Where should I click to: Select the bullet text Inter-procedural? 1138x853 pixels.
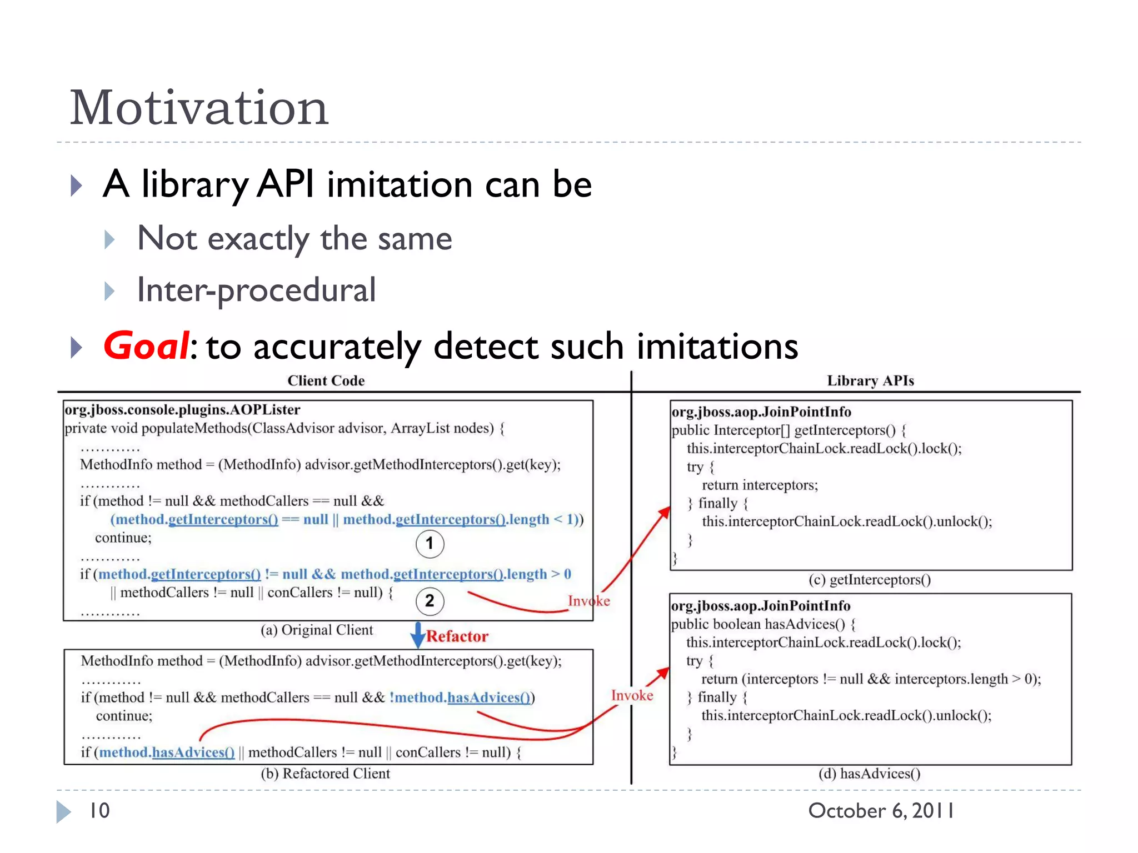(256, 290)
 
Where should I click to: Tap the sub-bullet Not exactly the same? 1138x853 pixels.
(295, 239)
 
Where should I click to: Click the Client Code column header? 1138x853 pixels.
(326, 381)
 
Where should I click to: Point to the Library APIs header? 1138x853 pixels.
(870, 381)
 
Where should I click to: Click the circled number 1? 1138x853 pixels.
(430, 544)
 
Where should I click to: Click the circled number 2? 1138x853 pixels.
(430, 601)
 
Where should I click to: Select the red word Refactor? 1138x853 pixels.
(457, 636)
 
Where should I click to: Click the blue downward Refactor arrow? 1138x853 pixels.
(417, 635)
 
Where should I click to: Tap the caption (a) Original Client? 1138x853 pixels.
(317, 630)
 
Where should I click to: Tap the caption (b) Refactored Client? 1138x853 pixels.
(326, 774)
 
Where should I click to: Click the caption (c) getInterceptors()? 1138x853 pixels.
(870, 580)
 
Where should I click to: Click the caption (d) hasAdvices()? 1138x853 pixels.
(870, 774)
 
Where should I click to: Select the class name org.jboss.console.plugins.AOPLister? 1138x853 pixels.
(182, 410)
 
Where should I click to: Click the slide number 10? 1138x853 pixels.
(99, 811)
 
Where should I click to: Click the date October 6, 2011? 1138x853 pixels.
(881, 811)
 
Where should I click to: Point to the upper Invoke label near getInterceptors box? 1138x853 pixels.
(588, 601)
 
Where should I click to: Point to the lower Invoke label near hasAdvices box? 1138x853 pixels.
(632, 695)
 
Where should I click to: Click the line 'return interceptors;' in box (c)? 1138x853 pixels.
(760, 485)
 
